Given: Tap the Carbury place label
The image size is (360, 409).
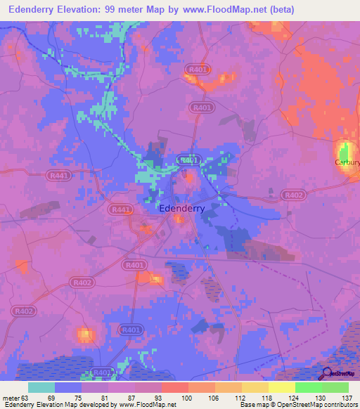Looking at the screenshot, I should [347, 162].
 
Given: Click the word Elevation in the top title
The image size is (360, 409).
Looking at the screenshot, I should [87, 9].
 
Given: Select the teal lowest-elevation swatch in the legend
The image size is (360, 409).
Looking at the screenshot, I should [41, 387].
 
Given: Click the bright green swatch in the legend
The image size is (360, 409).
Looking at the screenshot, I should [309, 387].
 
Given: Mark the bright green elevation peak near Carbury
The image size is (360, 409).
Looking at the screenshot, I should [344, 150].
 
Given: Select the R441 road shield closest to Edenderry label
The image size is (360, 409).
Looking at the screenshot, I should [120, 209].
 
